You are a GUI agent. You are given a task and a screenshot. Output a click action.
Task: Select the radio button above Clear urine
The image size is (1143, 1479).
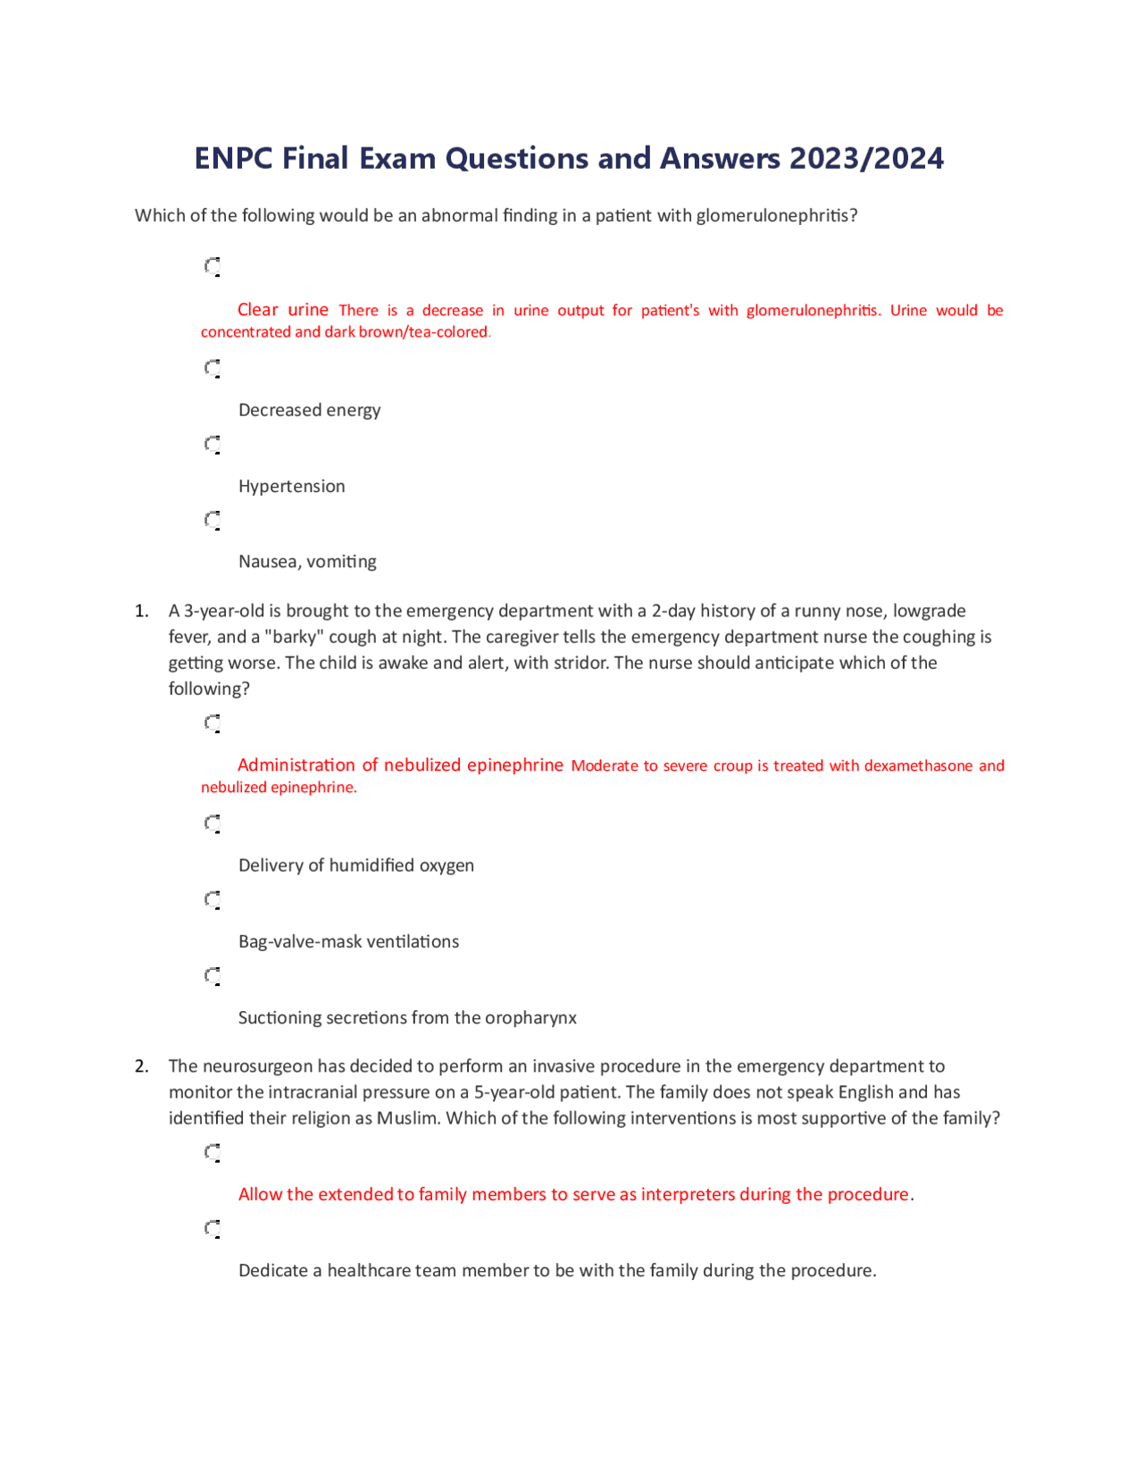click(213, 266)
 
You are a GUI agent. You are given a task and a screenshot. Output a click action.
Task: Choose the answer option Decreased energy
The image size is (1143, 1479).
click(309, 410)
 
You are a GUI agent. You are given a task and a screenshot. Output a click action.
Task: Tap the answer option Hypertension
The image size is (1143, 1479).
click(291, 486)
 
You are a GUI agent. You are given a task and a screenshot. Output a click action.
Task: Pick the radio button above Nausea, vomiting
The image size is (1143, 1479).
click(213, 520)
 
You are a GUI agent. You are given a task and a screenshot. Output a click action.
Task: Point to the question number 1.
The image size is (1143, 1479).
click(141, 611)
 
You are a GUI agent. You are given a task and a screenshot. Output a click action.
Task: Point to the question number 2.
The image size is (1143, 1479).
click(141, 1065)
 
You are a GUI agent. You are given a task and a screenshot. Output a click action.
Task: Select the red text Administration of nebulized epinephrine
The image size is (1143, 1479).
click(400, 765)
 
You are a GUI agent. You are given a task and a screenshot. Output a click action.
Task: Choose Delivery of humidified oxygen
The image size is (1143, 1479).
click(355, 865)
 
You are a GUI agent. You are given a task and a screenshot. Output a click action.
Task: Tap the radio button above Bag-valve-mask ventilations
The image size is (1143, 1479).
click(213, 899)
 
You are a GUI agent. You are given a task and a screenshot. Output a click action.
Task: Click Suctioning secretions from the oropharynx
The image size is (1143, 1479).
click(407, 1017)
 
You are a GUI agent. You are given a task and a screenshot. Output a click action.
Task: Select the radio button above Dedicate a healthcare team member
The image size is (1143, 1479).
click(213, 1228)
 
